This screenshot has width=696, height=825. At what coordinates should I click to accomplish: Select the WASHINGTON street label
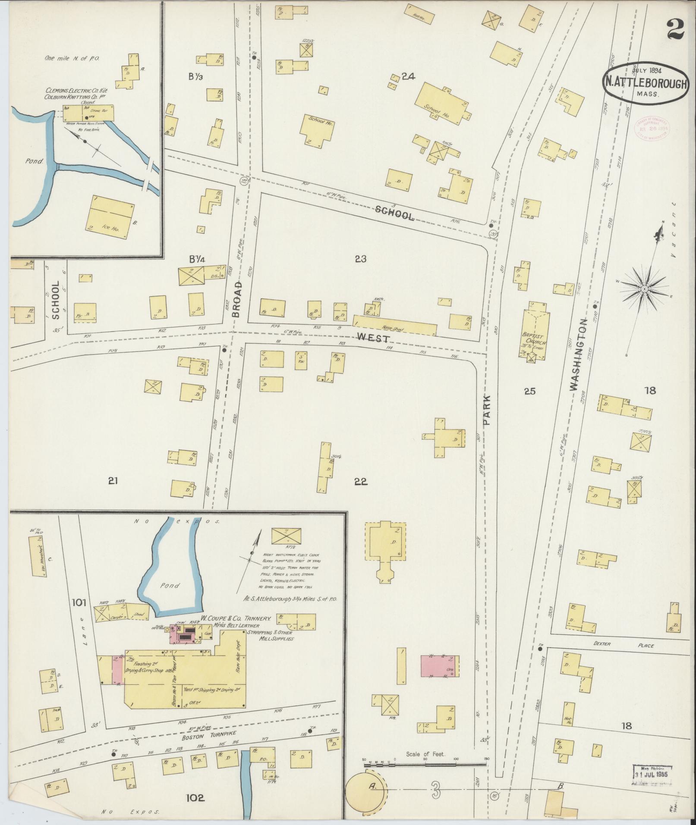pyautogui.click(x=579, y=355)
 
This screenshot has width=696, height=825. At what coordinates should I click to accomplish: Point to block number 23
pyautogui.click(x=361, y=259)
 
